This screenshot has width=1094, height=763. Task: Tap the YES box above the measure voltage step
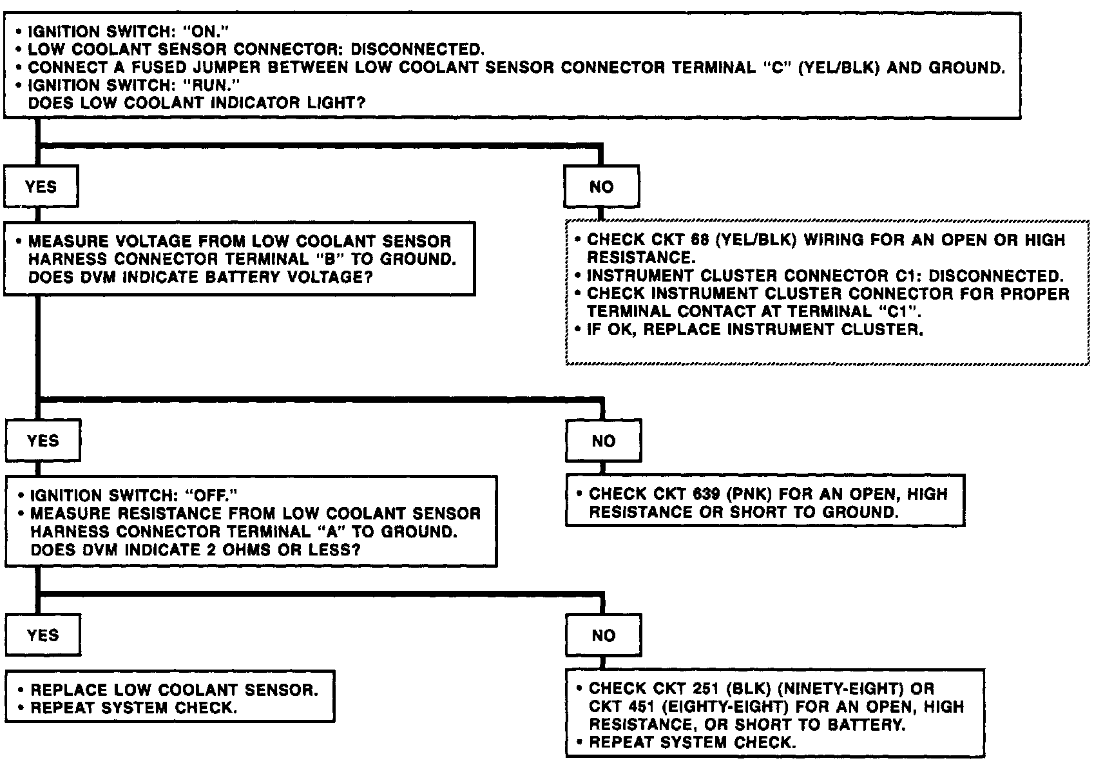point(41,187)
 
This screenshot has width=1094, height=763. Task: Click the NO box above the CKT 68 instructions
point(602,187)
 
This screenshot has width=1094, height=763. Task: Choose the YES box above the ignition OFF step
point(43,441)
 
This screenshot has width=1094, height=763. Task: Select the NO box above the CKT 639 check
point(604,441)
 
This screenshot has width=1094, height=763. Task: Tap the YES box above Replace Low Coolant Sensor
point(43,635)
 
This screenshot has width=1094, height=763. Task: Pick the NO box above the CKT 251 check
point(604,635)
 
